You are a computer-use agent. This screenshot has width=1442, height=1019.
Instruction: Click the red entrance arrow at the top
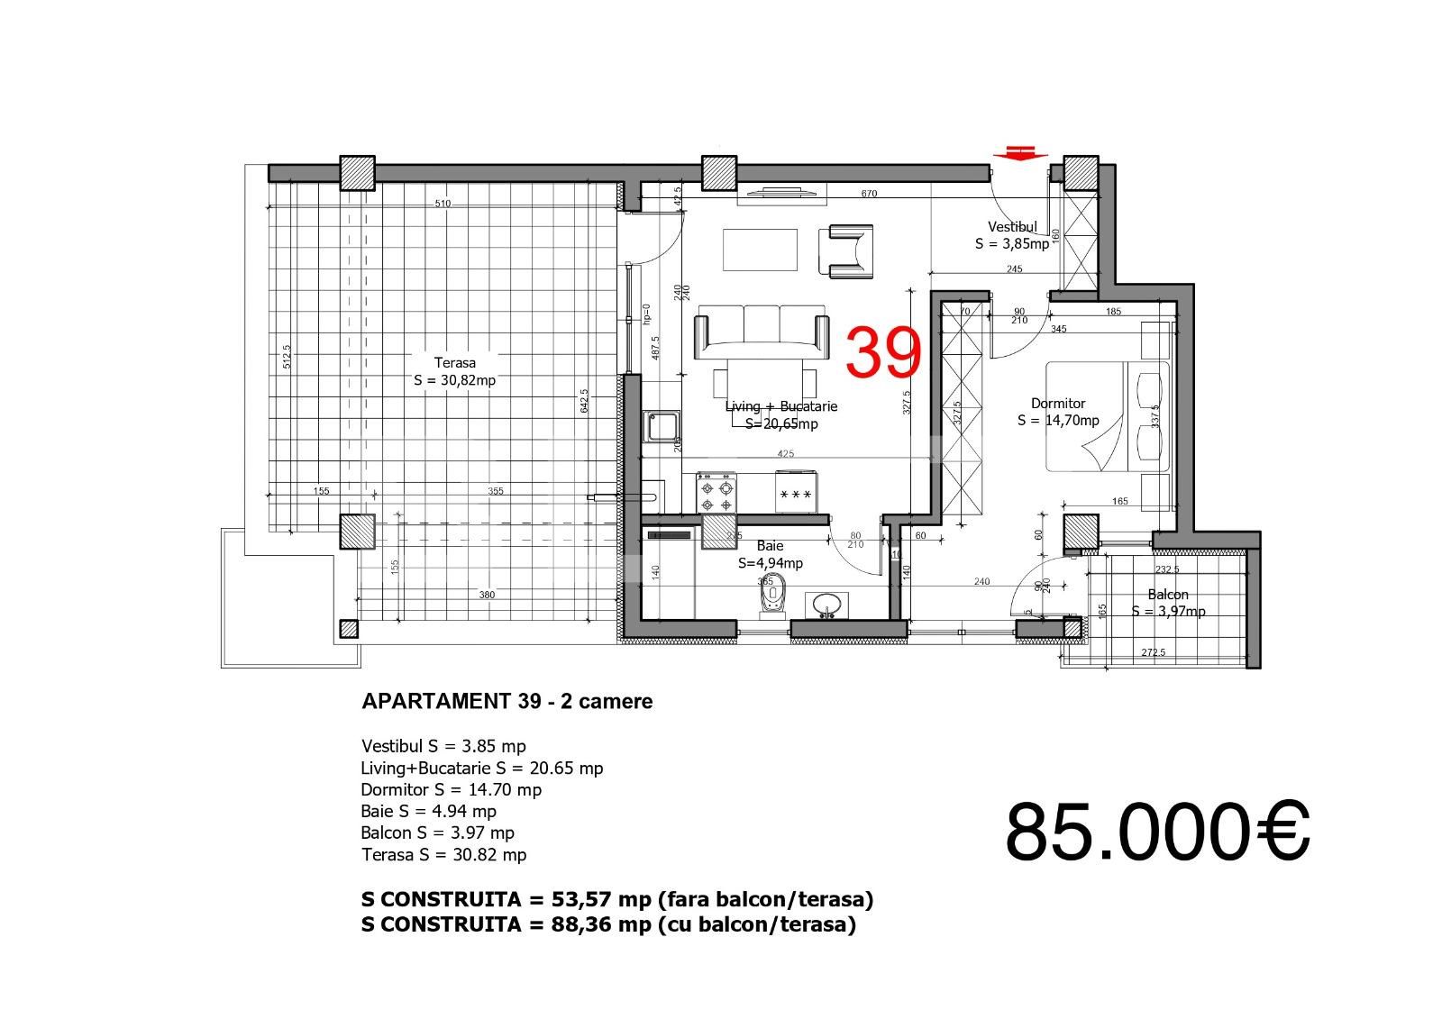point(1019,153)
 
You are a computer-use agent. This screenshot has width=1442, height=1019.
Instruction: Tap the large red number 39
point(884,352)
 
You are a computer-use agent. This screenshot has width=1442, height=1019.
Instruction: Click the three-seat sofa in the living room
point(762,329)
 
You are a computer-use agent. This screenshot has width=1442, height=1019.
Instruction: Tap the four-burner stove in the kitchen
point(716,494)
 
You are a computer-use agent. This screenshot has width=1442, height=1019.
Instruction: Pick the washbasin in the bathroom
point(826,605)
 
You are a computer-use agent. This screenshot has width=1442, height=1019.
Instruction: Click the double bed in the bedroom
point(1107,416)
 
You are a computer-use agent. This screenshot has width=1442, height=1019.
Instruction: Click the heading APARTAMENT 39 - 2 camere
point(507,701)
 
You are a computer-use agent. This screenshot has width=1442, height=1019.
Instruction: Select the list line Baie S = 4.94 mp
point(428,811)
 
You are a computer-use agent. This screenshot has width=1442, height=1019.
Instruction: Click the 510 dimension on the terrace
point(443,204)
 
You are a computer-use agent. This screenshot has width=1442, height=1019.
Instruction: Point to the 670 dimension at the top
point(869,194)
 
